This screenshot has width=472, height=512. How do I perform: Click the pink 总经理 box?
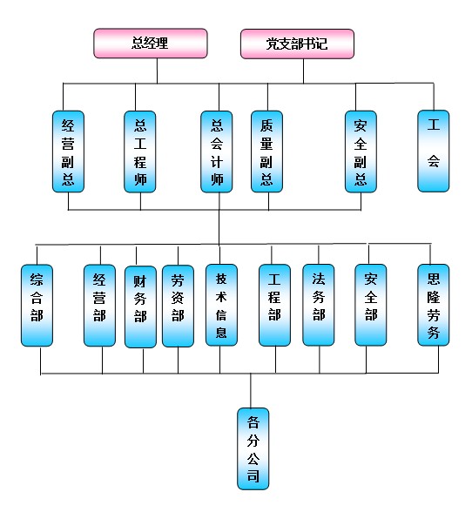[151, 44]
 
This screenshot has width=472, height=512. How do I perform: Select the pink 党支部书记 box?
[297, 44]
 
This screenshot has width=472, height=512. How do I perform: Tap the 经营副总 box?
[68, 152]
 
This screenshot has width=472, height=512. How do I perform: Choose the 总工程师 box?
[140, 152]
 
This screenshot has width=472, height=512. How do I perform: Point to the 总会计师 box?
[217, 152]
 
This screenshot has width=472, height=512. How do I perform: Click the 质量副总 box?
[266, 152]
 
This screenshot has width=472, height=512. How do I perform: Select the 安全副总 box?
[361, 152]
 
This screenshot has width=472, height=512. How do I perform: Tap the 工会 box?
[434, 151]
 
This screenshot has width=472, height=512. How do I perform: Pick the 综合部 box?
[37, 306]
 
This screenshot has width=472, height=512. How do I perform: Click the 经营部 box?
[99, 306]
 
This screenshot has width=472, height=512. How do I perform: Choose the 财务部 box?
[140, 307]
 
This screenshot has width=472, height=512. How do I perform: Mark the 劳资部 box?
[178, 306]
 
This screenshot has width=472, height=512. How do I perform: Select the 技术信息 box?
[221, 305]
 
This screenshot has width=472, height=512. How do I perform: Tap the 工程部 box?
[274, 305]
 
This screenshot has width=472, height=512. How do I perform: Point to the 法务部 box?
[319, 305]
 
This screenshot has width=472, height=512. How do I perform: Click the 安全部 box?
[371, 305]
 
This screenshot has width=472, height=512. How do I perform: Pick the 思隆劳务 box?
[434, 305]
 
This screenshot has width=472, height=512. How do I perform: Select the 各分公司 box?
[253, 448]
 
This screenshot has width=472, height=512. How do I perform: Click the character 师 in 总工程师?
[140, 179]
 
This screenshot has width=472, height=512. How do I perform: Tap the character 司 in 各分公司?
[253, 475]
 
